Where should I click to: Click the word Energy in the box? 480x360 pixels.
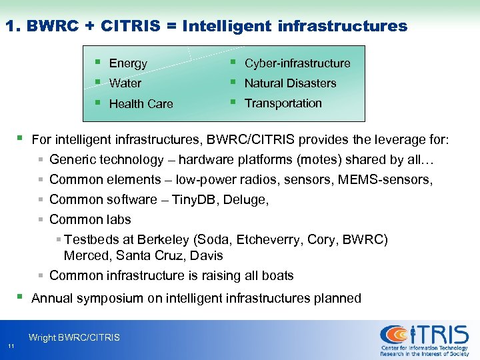coord(127,63)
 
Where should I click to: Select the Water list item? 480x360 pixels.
coord(125,83)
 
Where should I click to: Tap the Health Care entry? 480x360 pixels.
coord(141,104)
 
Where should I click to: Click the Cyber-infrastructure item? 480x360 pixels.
coord(297,63)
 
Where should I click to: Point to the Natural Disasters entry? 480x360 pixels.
coord(290,83)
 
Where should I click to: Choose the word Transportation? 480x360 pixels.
coord(283,103)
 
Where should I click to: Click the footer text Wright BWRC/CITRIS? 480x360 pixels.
coord(74,337)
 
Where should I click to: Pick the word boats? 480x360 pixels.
coord(277,276)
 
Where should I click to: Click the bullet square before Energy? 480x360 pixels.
coord(97,63)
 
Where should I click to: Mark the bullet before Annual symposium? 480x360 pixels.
coord(20,297)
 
